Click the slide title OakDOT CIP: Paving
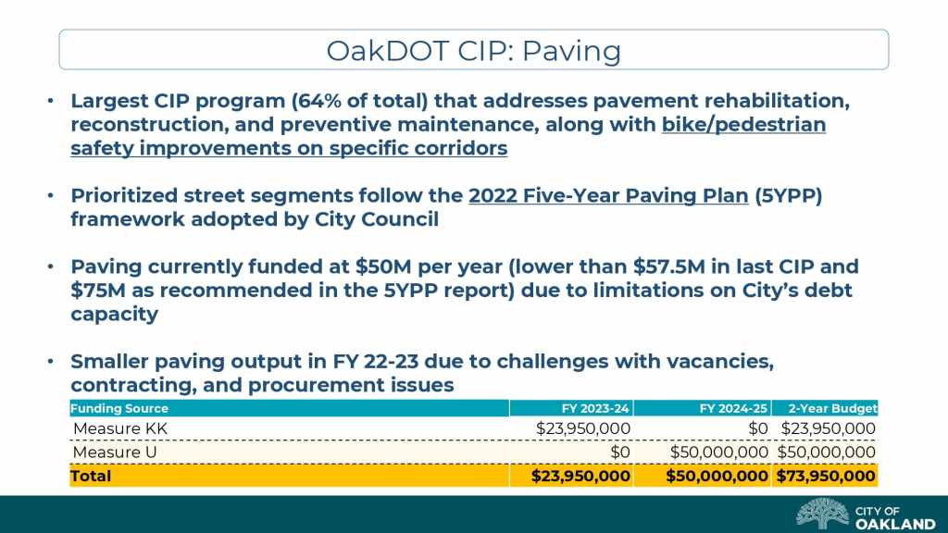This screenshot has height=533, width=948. [x=473, y=50]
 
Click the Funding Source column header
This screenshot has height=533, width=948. [x=119, y=408]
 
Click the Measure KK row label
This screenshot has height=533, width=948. [x=119, y=428]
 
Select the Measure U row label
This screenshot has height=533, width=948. [x=114, y=452]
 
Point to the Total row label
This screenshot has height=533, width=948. [x=91, y=476]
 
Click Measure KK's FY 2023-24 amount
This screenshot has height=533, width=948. [x=583, y=428]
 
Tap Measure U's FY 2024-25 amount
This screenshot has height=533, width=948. [x=718, y=452]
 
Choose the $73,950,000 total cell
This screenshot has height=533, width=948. [x=826, y=476]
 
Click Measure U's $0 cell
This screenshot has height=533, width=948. [x=620, y=452]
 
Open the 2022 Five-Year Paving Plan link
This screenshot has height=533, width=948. [x=608, y=196]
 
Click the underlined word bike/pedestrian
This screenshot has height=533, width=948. [x=743, y=124]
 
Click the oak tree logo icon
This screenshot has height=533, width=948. [x=822, y=514]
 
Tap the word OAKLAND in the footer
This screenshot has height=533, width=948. [x=895, y=523]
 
